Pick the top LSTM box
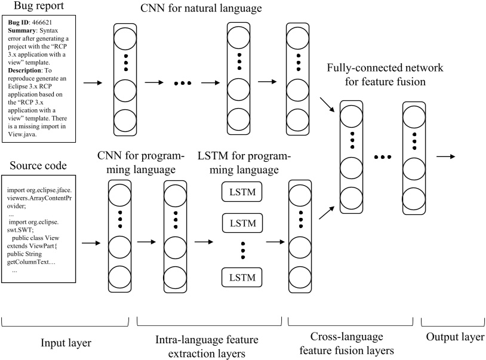(242, 192)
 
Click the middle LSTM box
(242, 223)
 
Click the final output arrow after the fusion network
(447, 157)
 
